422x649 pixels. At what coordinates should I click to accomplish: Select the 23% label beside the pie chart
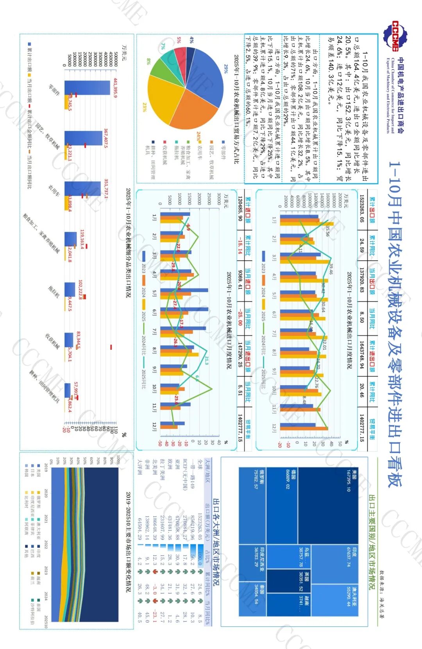point(145,107)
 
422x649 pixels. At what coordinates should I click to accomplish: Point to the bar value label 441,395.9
point(115,88)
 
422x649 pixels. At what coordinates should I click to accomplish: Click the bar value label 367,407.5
point(105,138)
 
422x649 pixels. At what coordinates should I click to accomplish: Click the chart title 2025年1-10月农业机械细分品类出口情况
point(128,243)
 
